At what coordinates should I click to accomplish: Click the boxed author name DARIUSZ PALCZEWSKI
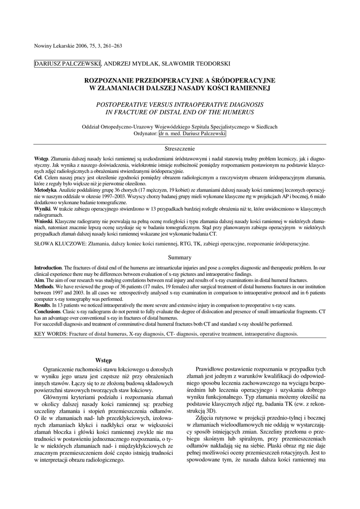(x=68, y=64)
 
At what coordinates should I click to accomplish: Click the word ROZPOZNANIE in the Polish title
(x=116, y=80)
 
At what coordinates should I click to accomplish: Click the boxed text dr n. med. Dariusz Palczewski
(x=192, y=134)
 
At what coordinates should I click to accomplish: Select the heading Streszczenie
(x=180, y=149)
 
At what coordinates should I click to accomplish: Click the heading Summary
(x=180, y=258)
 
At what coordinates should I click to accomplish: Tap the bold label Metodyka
(x=45, y=190)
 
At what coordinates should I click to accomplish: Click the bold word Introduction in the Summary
(x=48, y=267)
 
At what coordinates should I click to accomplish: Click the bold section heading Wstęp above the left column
(x=103, y=360)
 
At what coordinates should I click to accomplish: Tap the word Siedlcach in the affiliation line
(x=265, y=127)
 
